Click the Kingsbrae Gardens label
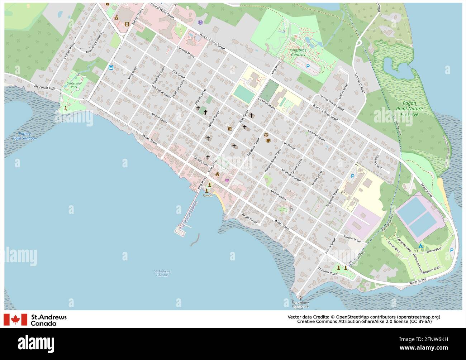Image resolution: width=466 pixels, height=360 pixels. point(298,53)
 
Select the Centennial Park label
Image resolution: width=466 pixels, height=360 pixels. point(74,85)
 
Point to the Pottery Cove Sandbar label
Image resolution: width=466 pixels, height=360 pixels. point(25,136)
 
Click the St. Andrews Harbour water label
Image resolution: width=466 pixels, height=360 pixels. point(162,273)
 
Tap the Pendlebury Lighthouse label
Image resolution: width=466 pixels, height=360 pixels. point(300,304)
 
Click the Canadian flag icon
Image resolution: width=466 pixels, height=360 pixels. point(15,320)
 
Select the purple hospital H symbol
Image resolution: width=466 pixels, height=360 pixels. point(200,22)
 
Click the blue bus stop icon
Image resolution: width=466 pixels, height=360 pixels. point(111,67)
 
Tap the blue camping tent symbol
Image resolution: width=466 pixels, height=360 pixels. point(420,246)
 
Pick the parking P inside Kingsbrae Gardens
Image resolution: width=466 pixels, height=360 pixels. point(308,66)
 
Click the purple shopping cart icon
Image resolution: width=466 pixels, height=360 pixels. point(227,181)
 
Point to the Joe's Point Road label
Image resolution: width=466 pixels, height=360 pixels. point(45,87)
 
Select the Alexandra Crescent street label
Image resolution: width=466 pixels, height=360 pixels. point(94,43)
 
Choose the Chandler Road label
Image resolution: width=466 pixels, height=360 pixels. point(327,271)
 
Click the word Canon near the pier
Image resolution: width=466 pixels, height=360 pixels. point(208,195)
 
